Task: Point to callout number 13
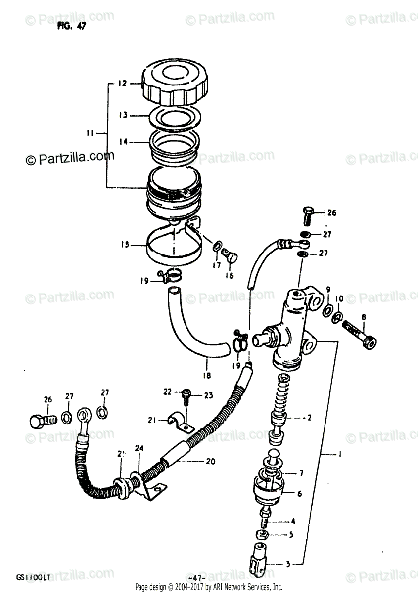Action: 122,115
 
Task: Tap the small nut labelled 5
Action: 261,534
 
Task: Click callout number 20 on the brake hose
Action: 210,462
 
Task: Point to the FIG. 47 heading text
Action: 71,27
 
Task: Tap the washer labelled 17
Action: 217,246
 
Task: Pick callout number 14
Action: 122,142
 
